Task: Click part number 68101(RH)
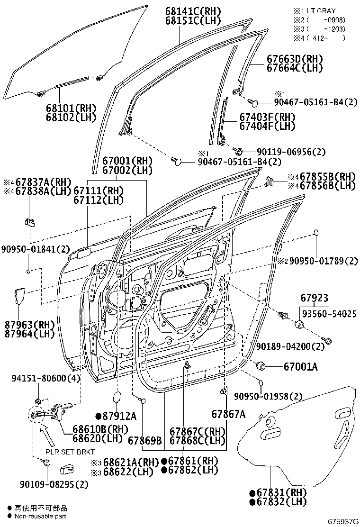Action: (x=71, y=108)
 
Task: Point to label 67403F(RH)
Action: (x=267, y=117)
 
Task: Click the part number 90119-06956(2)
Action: (x=291, y=152)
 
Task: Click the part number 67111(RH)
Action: (x=98, y=191)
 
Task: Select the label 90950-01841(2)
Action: (x=35, y=249)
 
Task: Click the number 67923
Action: (x=314, y=299)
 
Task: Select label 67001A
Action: (x=301, y=366)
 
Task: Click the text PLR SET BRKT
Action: (x=70, y=452)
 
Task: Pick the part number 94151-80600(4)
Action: (x=46, y=378)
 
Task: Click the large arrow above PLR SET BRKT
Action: (x=48, y=434)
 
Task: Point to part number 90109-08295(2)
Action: (x=54, y=484)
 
